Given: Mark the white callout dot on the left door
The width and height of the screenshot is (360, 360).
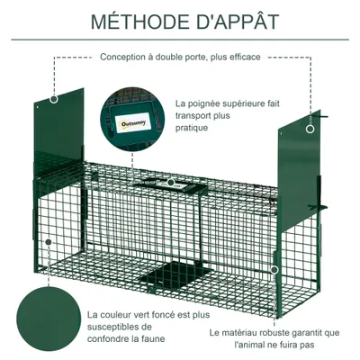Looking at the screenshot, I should tap(55, 98).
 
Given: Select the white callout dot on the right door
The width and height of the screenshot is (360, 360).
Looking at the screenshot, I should tap(312, 129).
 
